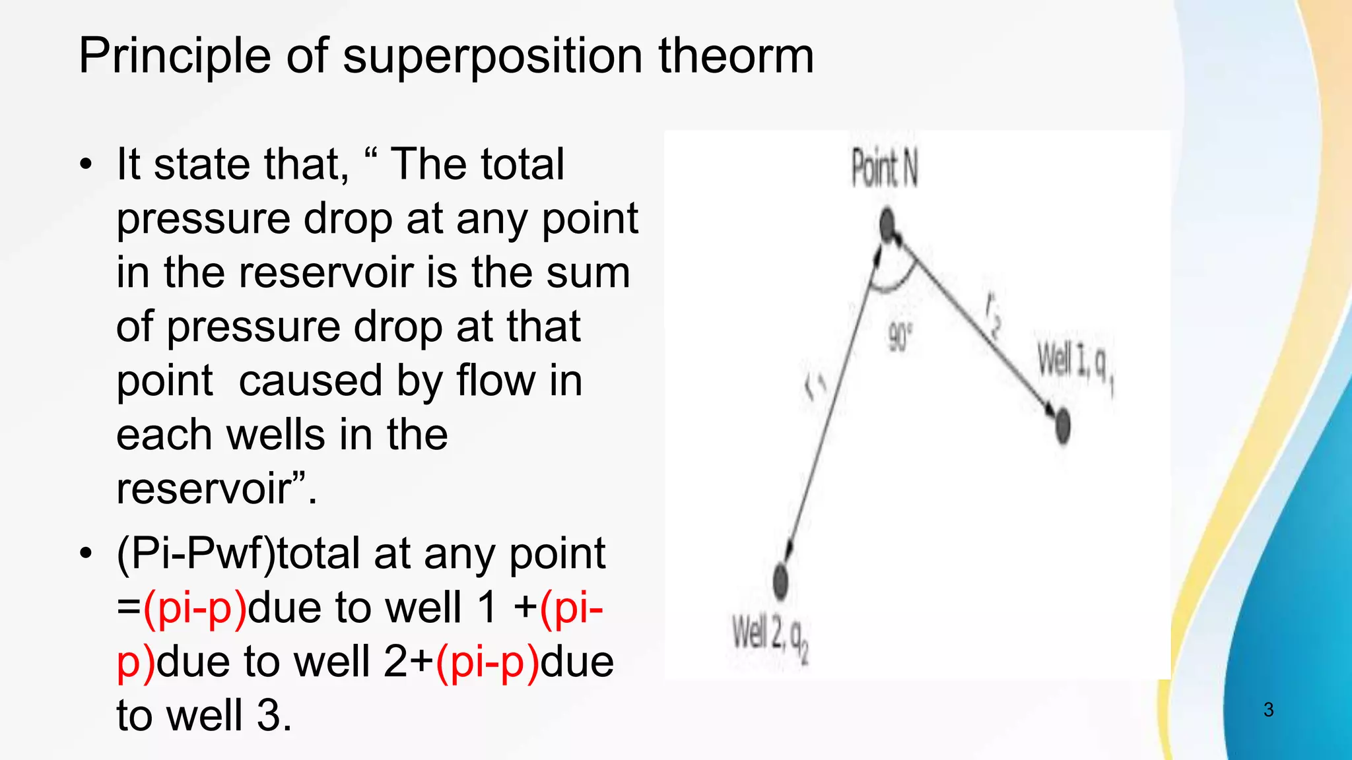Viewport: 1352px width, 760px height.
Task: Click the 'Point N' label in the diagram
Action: tap(884, 168)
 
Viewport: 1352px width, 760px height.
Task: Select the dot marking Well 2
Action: tap(780, 581)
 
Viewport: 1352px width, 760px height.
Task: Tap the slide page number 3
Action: tap(1268, 710)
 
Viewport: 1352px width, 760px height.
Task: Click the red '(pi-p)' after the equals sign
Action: tap(195, 608)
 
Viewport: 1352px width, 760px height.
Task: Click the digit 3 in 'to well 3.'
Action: tap(269, 715)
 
